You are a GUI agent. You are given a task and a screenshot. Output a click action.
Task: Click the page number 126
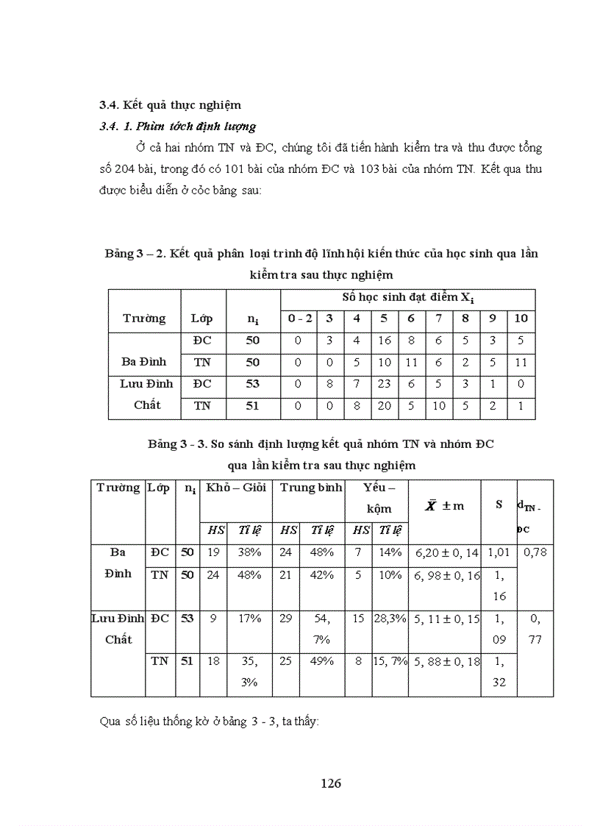(x=331, y=783)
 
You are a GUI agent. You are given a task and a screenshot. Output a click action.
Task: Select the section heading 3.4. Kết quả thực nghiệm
(x=171, y=104)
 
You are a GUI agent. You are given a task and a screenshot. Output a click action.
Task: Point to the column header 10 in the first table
(x=521, y=318)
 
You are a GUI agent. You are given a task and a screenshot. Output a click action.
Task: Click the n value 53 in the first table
(x=253, y=383)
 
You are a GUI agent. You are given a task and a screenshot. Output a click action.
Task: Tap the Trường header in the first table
(x=144, y=318)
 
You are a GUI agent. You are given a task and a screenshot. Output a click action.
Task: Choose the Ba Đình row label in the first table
(x=144, y=361)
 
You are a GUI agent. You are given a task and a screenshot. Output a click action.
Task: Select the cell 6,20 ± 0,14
(x=447, y=552)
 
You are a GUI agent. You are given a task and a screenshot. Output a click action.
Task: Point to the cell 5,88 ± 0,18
(x=447, y=662)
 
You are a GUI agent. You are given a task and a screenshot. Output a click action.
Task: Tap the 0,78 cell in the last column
(x=535, y=552)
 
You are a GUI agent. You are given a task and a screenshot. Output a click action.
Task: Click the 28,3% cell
(x=390, y=619)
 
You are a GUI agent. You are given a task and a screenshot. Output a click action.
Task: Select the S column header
(x=499, y=505)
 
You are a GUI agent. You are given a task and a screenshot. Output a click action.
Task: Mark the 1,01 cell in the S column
(x=499, y=552)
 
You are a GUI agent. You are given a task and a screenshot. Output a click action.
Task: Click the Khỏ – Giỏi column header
(x=237, y=488)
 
